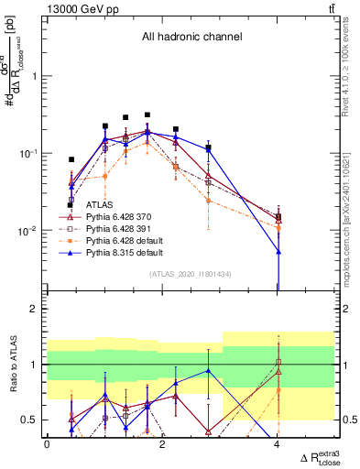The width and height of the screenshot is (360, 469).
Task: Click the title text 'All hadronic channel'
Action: tap(191, 38)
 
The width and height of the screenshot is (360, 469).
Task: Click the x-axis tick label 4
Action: tap(278, 444)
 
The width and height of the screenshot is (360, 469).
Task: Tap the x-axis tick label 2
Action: tap(162, 444)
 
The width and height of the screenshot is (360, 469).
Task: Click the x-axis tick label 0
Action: tap(47, 444)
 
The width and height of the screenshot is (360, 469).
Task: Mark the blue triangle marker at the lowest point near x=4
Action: tap(278, 252)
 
